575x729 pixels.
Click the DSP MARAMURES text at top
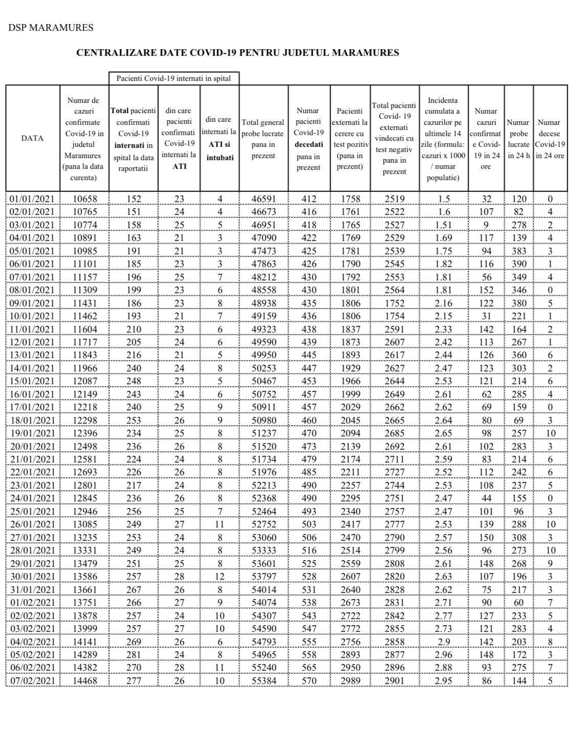pos(51,28)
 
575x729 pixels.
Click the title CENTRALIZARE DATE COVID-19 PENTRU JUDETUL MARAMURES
pos(237,52)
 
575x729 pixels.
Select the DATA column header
pos(32,138)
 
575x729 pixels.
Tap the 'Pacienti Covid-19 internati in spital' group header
pos(173,78)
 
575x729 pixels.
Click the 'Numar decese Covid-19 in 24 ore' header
pos(549,138)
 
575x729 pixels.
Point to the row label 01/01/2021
pos(32,199)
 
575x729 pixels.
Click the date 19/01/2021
pos(32,433)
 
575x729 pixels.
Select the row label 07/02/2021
pos(32,680)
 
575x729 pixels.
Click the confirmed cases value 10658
pos(84,199)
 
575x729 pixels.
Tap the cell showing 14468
pos(84,680)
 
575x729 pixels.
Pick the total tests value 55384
pos(263,680)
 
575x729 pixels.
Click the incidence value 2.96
pos(443,654)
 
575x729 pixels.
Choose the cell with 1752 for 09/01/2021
pos(394,303)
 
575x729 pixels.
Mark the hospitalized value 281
pos(133,654)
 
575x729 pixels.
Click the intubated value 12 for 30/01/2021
pos(220,563)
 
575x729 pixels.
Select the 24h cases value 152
pos(486,290)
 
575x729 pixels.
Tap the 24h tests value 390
pos(519,264)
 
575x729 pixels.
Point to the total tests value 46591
pos(263,199)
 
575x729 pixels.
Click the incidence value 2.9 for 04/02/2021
pos(443,642)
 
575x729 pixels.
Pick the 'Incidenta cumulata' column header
pos(443,138)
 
